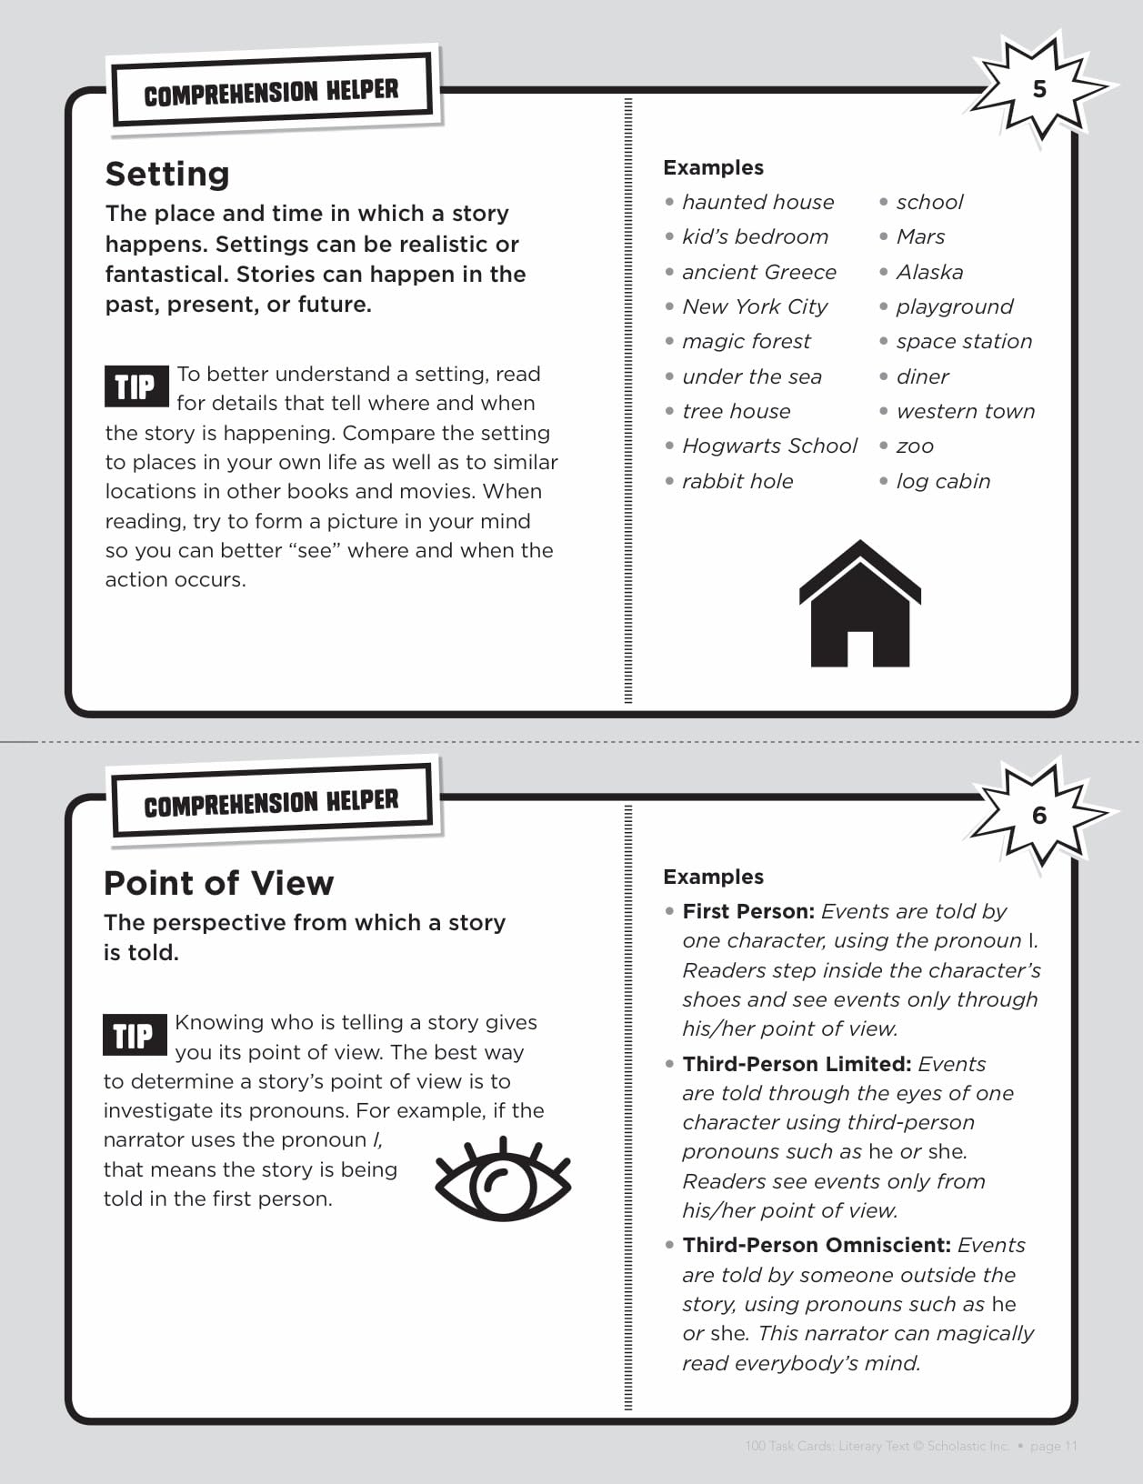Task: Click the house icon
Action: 859,605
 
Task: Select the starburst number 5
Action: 1039,88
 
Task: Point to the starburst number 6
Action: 1039,815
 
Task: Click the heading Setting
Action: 167,174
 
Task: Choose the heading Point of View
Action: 218,883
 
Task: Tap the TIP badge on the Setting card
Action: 135,386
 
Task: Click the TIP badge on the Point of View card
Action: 135,1035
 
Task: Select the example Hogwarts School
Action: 769,446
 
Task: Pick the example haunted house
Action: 757,202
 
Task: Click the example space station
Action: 964,341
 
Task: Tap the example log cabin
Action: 943,481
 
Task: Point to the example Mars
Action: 920,236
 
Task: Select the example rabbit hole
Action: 737,481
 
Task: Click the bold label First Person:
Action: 748,911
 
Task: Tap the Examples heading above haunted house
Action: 713,167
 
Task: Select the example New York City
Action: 755,306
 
